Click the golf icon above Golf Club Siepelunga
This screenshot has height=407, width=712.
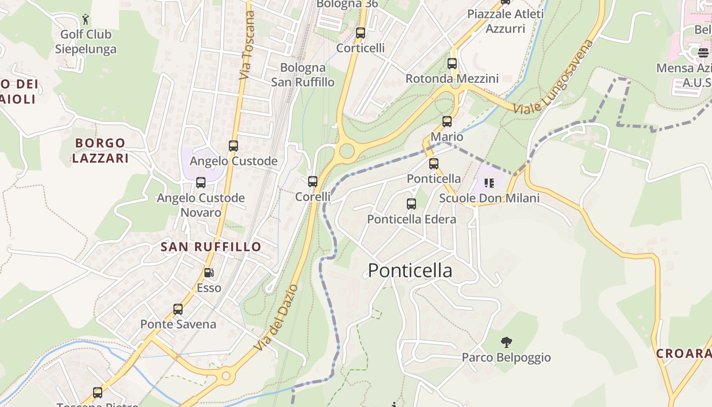pos(85,20)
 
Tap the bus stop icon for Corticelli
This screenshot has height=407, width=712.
pos(361,33)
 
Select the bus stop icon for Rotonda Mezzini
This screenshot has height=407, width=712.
pos(452,64)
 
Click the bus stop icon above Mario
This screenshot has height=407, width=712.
pos(447,122)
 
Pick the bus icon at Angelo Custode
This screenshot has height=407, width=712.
pos(233,146)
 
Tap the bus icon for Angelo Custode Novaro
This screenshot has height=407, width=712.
pos(201,183)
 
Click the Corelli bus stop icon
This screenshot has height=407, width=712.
pos(313,182)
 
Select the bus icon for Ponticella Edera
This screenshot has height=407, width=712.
pos(411,204)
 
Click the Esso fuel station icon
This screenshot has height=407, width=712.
pos(209,273)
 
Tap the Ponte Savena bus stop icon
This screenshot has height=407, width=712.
pos(178,309)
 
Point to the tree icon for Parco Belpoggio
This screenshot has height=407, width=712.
pos(506,342)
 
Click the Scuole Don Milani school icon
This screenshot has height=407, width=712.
pos(489,183)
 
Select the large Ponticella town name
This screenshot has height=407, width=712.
pos(410,271)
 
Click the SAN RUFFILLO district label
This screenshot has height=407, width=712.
pos(211,247)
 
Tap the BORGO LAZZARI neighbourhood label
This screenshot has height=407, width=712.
pos(100,151)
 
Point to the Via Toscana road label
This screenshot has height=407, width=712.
pos(247,46)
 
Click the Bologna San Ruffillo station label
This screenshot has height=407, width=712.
pos(303,75)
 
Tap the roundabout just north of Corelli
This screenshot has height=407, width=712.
pos(347,151)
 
